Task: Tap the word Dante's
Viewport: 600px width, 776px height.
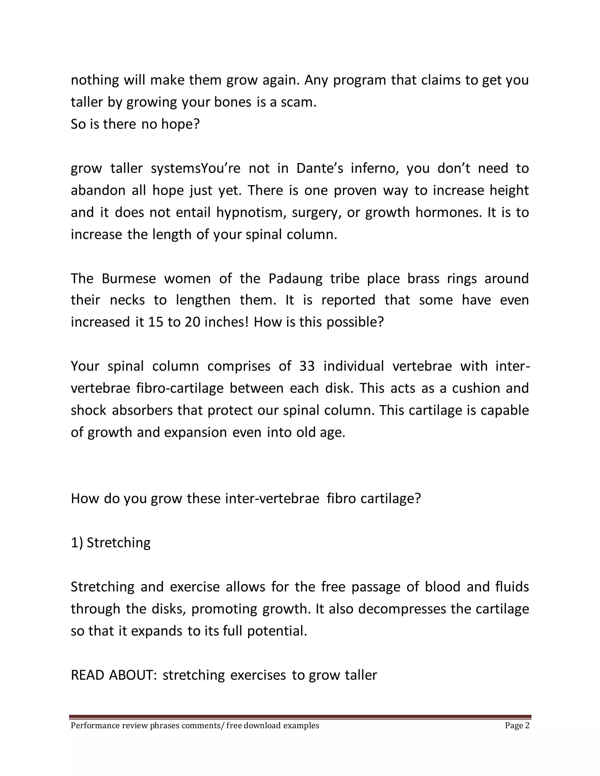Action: [x=320, y=168]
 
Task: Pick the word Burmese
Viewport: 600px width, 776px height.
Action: [x=129, y=278]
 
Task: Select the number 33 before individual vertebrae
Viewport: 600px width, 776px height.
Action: [x=307, y=366]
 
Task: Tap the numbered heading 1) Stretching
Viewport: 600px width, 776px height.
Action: [x=110, y=543]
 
